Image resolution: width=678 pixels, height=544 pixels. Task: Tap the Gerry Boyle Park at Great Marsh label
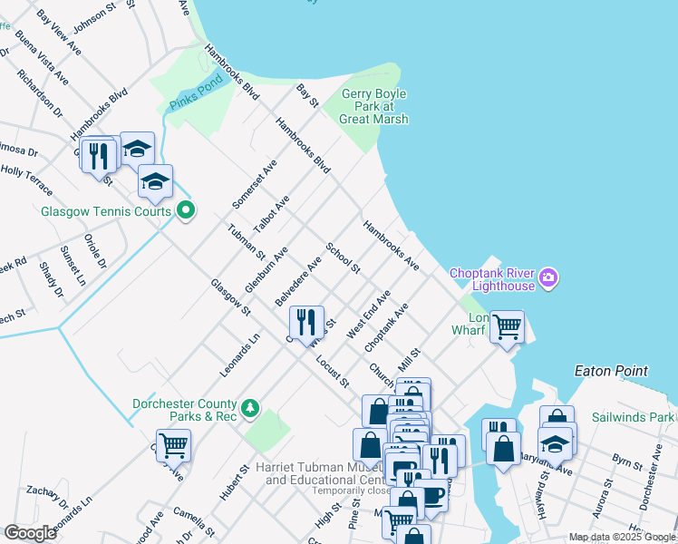click(374, 106)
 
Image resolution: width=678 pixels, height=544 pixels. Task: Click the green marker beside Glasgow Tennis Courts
click(187, 211)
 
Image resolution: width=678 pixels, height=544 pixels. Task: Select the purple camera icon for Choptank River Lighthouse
click(547, 277)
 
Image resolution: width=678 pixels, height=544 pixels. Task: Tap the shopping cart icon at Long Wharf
click(507, 326)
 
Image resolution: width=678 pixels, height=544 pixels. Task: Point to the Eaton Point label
click(611, 371)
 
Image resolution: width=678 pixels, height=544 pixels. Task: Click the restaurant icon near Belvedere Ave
click(305, 322)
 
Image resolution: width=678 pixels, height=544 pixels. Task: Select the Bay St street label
click(308, 95)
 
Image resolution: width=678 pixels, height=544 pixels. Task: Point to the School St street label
click(344, 257)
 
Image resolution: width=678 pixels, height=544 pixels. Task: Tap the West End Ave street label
click(369, 315)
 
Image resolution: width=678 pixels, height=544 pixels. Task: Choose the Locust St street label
click(333, 371)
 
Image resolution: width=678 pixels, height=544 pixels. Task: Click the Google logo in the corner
click(30, 532)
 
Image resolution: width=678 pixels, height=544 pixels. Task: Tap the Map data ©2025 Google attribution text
click(621, 537)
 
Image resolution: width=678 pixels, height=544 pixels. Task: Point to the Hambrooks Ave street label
click(392, 246)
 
